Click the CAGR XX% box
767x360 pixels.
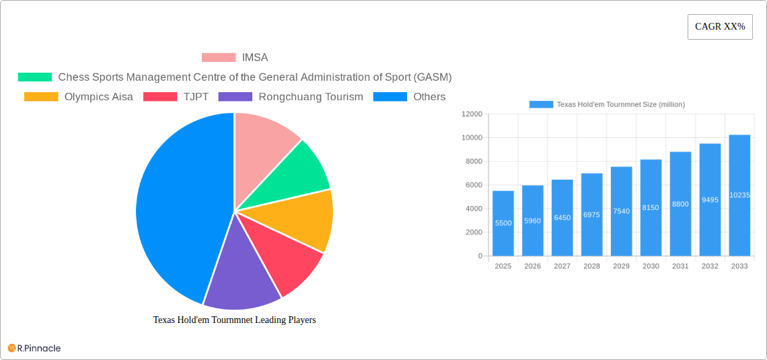tap(720, 27)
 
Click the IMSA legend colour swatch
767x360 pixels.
tap(219, 58)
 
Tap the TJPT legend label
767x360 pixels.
tap(196, 97)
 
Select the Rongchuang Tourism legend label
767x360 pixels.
tap(311, 97)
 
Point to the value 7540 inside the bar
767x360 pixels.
tap(621, 211)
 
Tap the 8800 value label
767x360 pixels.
tap(680, 204)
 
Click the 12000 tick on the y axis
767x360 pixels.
tap(472, 114)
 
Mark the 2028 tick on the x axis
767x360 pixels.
tap(591, 266)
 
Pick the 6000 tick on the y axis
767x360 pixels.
tap(474, 185)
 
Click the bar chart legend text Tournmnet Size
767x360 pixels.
tap(620, 104)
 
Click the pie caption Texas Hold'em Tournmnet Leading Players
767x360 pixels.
tap(234, 320)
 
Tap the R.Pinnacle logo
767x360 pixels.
tap(34, 348)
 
